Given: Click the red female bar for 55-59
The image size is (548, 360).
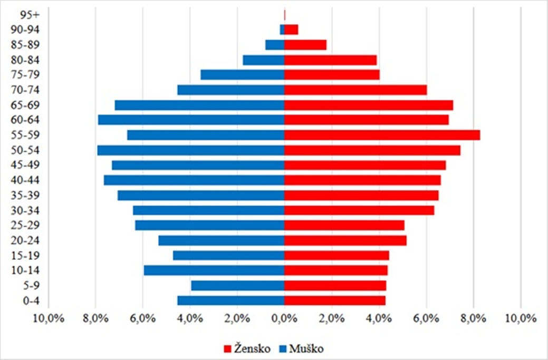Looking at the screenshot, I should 382,135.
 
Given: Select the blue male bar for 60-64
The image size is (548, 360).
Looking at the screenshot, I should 191,120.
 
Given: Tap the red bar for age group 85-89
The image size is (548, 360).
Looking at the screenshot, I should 305,45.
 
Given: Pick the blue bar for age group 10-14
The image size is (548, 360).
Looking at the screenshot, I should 214,270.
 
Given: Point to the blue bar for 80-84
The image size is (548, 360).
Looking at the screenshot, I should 264,60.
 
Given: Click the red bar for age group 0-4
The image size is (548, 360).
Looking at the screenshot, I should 335,300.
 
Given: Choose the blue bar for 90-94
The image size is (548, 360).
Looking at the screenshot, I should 282,30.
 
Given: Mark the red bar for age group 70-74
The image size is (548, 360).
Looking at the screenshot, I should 355,90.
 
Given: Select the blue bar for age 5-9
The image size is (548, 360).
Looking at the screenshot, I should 238,286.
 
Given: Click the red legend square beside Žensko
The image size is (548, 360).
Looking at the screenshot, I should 228,349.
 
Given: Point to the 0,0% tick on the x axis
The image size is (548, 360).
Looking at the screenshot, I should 284,318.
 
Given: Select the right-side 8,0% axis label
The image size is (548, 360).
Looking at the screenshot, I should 473,318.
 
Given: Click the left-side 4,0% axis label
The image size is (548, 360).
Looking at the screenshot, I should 190,318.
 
